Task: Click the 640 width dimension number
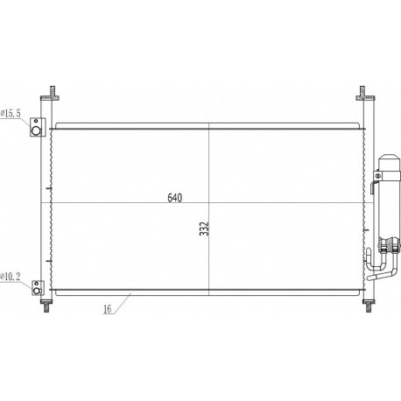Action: (x=174, y=197)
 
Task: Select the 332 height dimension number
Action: (x=204, y=229)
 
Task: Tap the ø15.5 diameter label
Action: (x=12, y=113)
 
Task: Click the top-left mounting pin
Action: (x=53, y=91)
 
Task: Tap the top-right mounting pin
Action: (x=363, y=91)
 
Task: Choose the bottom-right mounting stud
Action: (x=365, y=306)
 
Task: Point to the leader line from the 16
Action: (x=121, y=301)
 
